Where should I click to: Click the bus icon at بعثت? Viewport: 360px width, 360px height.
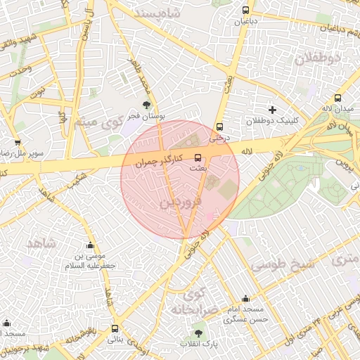tap(198, 157)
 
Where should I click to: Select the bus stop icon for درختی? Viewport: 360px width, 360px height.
tap(220, 127)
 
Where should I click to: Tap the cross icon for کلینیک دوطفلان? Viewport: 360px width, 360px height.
tap(272, 110)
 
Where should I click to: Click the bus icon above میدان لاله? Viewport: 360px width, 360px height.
tap(338, 98)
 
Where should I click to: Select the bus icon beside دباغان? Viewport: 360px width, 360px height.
tap(245, 11)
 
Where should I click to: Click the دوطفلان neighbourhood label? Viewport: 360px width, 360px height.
tap(317, 58)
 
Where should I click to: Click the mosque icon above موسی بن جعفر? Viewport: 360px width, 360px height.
tap(90, 246)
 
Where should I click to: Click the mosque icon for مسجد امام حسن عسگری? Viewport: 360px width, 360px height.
tap(245, 299)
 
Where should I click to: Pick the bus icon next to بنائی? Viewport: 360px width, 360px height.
tap(115, 328)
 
